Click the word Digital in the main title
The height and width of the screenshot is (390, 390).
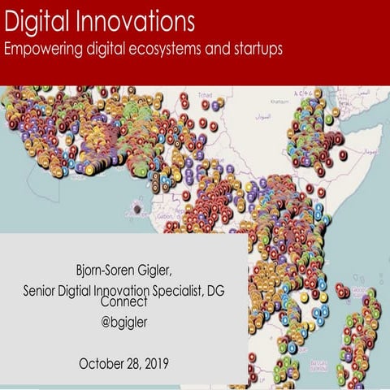pyautogui.click(x=33, y=19)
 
